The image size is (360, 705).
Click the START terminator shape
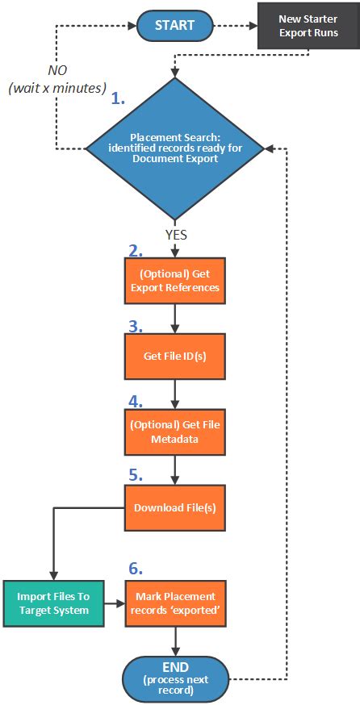[175, 25]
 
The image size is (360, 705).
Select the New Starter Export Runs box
[308, 26]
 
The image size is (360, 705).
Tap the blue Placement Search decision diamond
[175, 148]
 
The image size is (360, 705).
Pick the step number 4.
[135, 401]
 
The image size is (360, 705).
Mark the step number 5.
[135, 475]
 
